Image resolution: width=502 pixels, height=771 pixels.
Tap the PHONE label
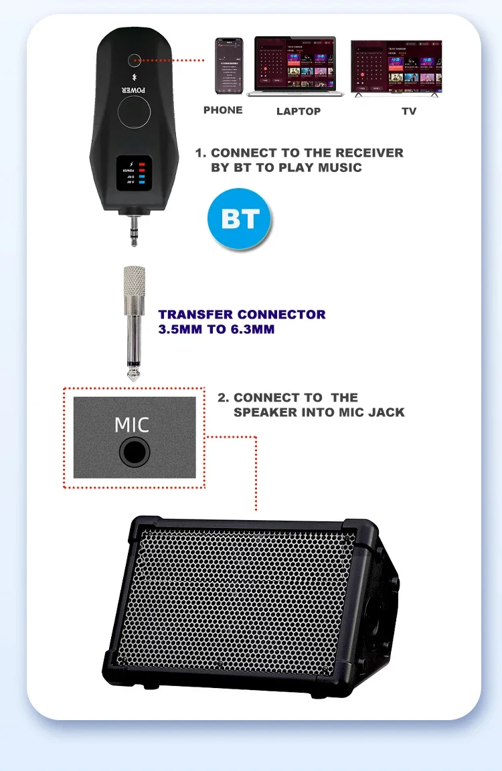tap(223, 110)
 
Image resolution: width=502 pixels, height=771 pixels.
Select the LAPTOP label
tap(299, 111)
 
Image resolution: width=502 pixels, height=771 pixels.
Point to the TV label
tap(409, 111)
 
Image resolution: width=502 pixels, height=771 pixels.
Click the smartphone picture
tap(228, 66)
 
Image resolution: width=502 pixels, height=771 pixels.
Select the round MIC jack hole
tap(134, 452)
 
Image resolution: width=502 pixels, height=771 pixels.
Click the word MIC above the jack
tap(132, 425)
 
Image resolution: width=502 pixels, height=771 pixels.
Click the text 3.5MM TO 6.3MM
tap(216, 329)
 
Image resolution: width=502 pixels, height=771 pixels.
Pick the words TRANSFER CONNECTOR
tap(242, 315)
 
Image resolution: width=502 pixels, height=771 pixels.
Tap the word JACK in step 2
tap(386, 412)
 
